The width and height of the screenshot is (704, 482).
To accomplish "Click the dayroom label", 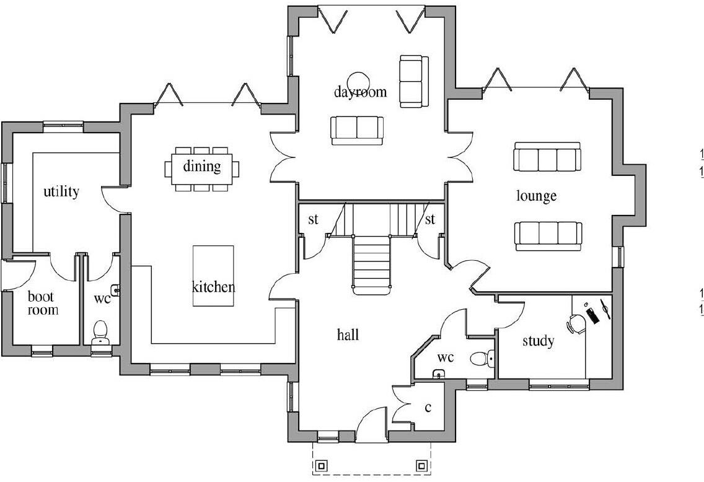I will pos(360,92).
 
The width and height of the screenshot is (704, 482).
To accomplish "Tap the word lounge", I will pos(536,196).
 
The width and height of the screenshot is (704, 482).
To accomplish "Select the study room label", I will pos(538,341).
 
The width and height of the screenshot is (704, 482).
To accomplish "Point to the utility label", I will pos(61,191).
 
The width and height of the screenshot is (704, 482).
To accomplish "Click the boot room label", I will pos(43,304).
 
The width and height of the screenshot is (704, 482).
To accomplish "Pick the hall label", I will pos(348,335).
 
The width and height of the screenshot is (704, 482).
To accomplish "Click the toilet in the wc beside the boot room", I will pos(100,333).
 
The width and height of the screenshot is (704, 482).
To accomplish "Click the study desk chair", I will pos(576,323).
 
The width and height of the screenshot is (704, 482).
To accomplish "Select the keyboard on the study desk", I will pos(592,314).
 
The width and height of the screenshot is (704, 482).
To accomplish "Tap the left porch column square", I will pos(322,465).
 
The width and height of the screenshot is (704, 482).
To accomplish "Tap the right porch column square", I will pos(421,465).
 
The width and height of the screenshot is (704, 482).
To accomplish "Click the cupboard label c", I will pos(427,408).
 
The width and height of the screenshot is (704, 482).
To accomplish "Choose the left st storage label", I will pos(314,220).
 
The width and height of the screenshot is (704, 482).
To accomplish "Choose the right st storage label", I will pos(429,220).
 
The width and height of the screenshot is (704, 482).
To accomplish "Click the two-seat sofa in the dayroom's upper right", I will pos(413,80).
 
